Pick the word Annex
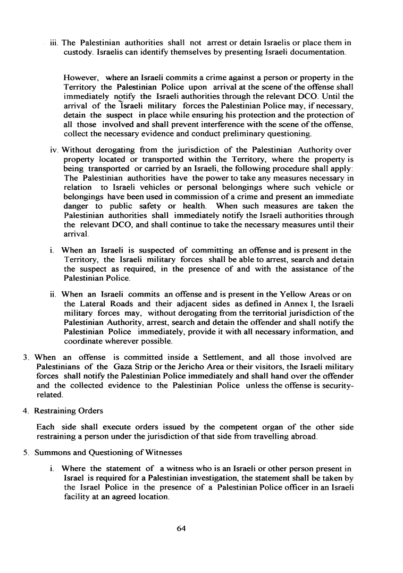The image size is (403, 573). click(x=300, y=304)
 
